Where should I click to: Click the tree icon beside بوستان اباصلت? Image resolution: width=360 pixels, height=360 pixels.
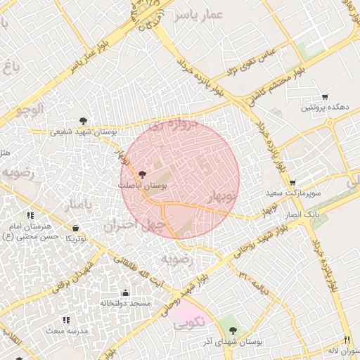[x=143, y=174]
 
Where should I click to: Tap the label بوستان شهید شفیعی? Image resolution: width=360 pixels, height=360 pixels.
[x=84, y=131]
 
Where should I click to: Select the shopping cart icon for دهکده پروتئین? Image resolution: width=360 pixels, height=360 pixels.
[x=324, y=97]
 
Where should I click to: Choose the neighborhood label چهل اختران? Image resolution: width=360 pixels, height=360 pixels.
[x=134, y=225]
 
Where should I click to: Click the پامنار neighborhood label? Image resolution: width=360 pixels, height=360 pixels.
[x=77, y=205]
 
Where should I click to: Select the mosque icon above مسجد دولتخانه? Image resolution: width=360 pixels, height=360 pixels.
[x=125, y=292]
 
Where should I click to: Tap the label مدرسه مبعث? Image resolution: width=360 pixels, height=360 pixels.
[x=67, y=330]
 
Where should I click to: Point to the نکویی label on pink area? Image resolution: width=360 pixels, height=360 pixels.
[x=188, y=324]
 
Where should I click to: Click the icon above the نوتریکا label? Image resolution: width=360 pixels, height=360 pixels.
[x=75, y=228]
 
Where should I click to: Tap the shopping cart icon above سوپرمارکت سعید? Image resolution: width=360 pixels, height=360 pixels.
[x=292, y=182]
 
